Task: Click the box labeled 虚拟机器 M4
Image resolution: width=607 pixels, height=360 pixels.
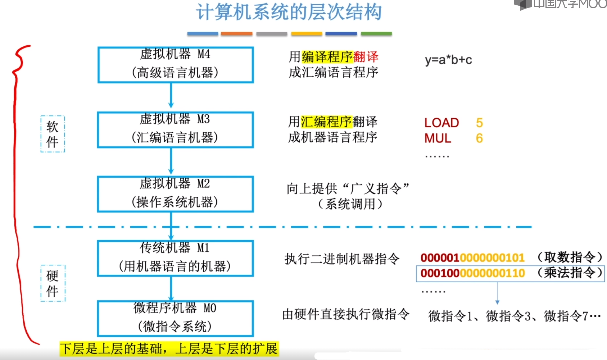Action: (x=176, y=65)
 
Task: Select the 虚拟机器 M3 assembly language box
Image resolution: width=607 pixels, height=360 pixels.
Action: (x=175, y=129)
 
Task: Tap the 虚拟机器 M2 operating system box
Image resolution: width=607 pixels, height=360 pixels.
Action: (x=175, y=194)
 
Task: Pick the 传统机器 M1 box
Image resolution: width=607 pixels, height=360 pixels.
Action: (x=175, y=258)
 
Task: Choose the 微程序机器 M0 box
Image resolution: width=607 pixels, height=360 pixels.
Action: (x=175, y=319)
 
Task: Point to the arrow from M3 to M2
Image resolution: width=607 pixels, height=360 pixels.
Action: (x=171, y=161)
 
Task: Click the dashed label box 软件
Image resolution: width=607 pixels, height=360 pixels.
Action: (x=53, y=134)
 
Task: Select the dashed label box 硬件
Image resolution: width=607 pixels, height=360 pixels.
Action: (x=53, y=283)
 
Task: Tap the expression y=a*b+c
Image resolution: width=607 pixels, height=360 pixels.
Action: (x=448, y=60)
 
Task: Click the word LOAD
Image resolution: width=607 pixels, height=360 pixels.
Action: (x=441, y=123)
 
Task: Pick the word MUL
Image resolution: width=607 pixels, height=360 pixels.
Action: (x=438, y=138)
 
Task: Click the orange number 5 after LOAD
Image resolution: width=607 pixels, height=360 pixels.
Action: (x=479, y=123)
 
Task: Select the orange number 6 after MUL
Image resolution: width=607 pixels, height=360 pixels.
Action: (x=479, y=138)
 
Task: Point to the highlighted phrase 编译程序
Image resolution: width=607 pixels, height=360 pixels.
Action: (x=327, y=57)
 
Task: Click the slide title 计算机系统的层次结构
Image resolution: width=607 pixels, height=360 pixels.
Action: (x=289, y=12)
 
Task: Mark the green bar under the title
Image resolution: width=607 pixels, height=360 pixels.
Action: (x=376, y=34)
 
